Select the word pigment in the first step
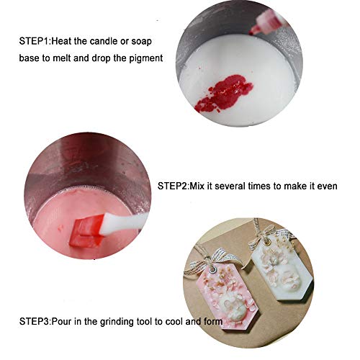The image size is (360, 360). pos(140,56)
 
